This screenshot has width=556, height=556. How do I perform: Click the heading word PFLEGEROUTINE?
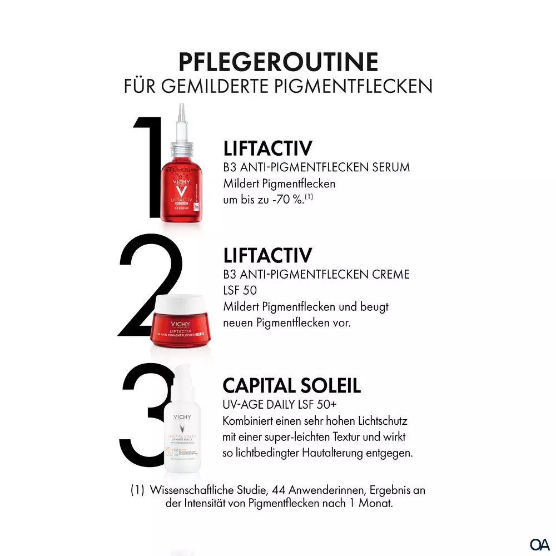(x=278, y=62)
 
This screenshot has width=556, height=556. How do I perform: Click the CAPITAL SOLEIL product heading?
(x=292, y=385)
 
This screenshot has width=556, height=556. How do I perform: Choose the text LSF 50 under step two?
(x=240, y=290)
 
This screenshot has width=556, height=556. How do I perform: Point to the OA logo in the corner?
(x=539, y=543)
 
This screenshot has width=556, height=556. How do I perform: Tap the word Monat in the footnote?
(x=378, y=504)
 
